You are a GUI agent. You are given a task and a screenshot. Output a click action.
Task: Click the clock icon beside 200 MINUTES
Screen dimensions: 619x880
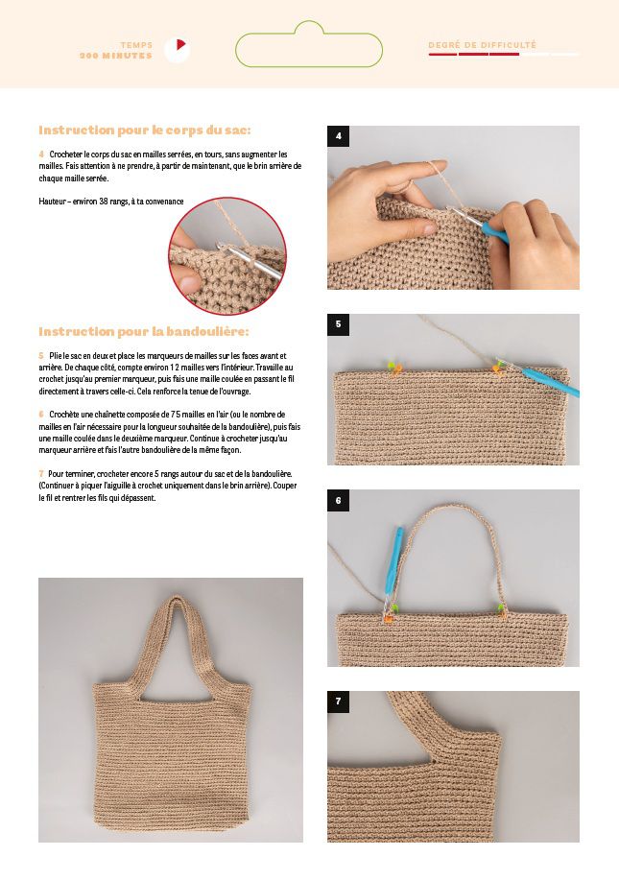(x=178, y=50)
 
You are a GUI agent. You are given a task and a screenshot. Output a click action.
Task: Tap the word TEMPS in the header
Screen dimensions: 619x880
(x=136, y=45)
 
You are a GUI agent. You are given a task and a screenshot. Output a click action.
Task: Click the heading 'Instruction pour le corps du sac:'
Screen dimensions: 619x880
(x=145, y=131)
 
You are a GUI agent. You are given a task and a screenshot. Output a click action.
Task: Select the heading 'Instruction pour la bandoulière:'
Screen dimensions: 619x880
(x=144, y=332)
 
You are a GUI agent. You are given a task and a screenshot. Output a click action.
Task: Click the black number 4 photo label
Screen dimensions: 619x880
(x=339, y=136)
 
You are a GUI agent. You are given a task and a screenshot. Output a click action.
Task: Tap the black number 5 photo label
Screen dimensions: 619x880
(x=339, y=324)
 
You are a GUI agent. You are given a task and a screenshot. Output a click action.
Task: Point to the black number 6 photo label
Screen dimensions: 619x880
(x=339, y=500)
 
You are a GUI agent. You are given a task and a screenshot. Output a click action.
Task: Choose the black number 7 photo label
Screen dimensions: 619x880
(x=339, y=702)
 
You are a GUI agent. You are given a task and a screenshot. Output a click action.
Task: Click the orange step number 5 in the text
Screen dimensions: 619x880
(x=41, y=356)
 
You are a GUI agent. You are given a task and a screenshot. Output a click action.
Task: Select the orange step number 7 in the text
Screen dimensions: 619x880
(x=41, y=474)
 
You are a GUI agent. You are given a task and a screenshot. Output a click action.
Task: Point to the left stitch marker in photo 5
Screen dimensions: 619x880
(x=395, y=367)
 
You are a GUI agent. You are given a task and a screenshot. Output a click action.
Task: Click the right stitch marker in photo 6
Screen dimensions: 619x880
(x=501, y=610)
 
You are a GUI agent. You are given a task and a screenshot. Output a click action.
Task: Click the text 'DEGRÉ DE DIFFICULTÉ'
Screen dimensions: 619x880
(x=483, y=45)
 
